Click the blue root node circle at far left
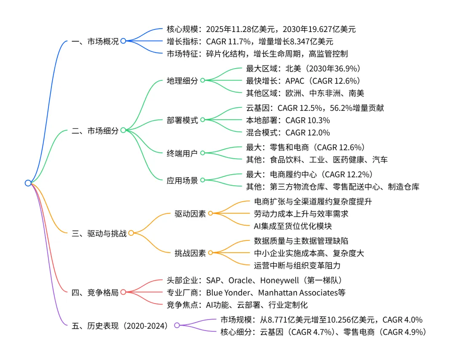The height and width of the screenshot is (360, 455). (x=28, y=183)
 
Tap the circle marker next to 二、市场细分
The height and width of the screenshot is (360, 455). (x=123, y=130)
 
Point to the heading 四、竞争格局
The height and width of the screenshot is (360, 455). (x=95, y=291)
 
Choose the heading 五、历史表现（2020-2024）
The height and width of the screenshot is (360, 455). (x=120, y=325)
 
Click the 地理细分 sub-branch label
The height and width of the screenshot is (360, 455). (x=182, y=80)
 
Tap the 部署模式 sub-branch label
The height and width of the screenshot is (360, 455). (x=182, y=120)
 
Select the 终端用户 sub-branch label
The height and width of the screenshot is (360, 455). (x=182, y=153)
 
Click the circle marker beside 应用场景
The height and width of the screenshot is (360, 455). (x=202, y=180)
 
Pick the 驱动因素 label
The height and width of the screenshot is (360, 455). (x=190, y=213)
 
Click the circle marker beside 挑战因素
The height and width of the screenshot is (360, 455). (x=210, y=253)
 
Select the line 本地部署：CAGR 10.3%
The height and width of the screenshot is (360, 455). (x=288, y=120)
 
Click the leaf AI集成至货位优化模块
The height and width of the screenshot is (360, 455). (x=293, y=226)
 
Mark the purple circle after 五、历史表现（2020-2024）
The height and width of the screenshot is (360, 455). (x=177, y=325)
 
